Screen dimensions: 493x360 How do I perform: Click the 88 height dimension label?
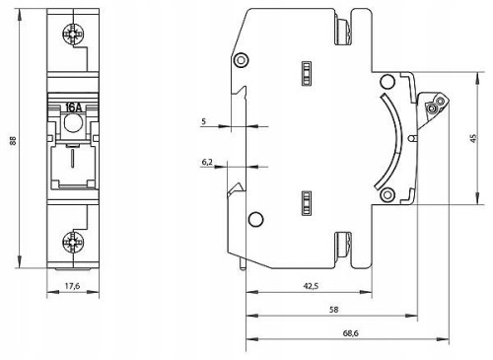[13, 140]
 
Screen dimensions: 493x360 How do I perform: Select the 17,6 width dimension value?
[72, 286]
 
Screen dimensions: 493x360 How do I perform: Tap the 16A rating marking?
[73, 108]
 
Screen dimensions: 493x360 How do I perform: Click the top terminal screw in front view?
[73, 35]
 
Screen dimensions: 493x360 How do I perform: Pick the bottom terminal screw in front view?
[73, 243]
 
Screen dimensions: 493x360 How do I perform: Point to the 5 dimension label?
[204, 121]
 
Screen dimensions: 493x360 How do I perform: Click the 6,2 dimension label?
[207, 162]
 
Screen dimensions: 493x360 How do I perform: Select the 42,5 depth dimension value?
[311, 286]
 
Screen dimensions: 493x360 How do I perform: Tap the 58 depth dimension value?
[334, 310]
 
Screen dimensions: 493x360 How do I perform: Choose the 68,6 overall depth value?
[351, 333]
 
